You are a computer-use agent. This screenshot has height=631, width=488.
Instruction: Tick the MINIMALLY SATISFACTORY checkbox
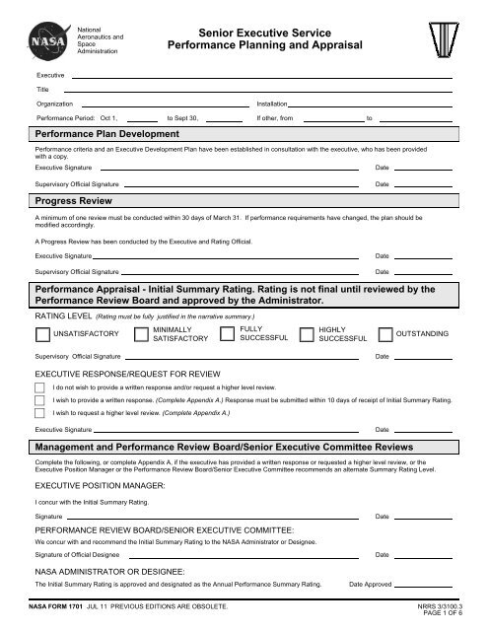[141, 335]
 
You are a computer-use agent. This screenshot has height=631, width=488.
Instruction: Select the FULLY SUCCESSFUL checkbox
[227, 335]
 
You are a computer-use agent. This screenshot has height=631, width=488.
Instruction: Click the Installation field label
[272, 104]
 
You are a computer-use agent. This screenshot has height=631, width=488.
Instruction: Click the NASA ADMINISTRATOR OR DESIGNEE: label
[105, 572]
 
